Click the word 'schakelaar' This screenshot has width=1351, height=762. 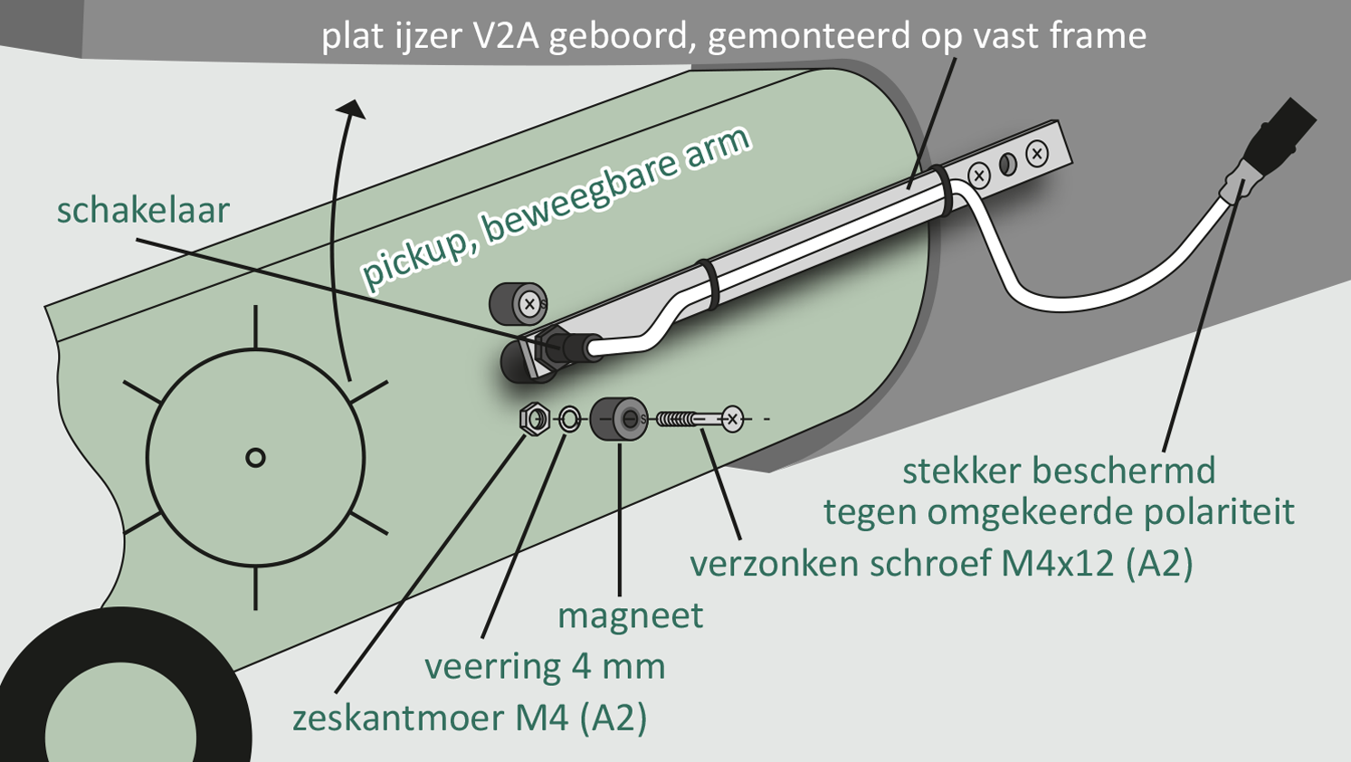(143, 210)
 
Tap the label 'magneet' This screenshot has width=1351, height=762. (631, 616)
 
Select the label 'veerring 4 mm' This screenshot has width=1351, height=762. (546, 666)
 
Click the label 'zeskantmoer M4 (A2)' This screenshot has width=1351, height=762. (470, 719)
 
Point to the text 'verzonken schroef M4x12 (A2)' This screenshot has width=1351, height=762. (941, 564)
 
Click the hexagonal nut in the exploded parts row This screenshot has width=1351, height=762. (535, 418)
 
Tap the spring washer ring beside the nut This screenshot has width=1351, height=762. (569, 419)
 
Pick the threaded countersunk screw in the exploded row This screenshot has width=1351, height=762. (699, 419)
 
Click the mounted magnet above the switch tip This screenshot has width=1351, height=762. (519, 303)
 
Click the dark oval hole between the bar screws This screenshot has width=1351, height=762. (1008, 164)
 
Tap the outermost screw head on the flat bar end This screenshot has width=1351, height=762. (1037, 154)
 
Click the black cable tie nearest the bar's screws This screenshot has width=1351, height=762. (943, 189)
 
